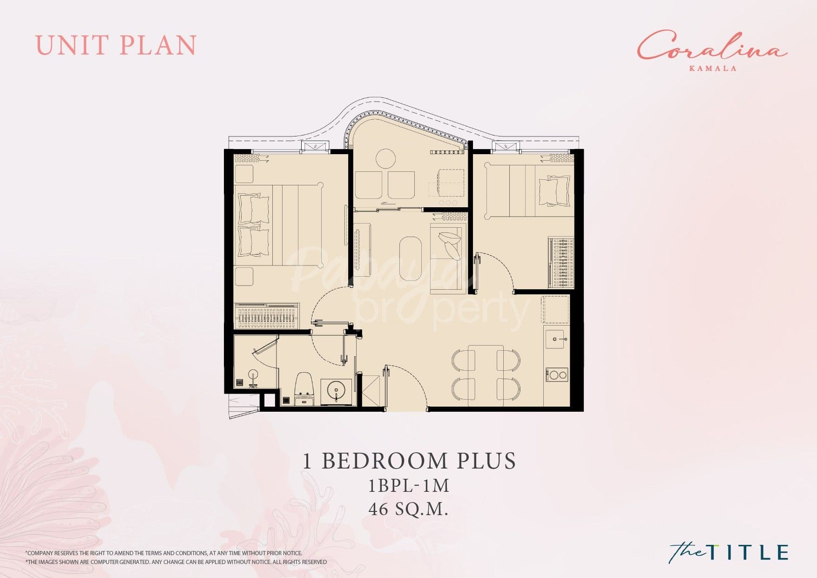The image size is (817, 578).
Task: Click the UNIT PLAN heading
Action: (116, 45)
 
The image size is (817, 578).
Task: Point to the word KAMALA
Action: (713, 68)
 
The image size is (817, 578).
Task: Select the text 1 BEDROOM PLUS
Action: (409, 461)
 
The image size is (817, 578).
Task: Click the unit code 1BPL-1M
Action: (409, 486)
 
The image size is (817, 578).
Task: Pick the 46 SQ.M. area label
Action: (408, 509)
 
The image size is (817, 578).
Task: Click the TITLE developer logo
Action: (729, 551)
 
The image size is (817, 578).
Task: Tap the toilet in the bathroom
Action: (304, 388)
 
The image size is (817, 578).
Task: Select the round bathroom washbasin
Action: (336, 390)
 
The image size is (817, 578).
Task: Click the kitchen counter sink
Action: (557, 339)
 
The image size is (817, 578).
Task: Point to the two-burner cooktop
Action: (557, 374)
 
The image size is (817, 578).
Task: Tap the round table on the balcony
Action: (385, 158)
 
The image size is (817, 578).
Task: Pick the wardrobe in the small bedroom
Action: (560, 263)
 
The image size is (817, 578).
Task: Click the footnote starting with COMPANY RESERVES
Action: (164, 553)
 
